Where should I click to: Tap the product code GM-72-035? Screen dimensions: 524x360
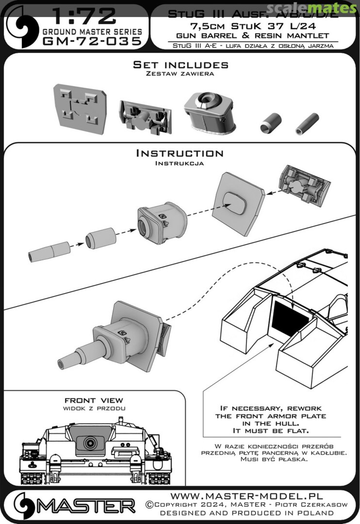click(x=92, y=41)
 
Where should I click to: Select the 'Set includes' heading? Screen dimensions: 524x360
click(x=180, y=65)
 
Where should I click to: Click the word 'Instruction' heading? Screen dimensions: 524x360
click(x=180, y=153)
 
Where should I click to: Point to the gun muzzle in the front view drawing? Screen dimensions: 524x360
click(x=89, y=443)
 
